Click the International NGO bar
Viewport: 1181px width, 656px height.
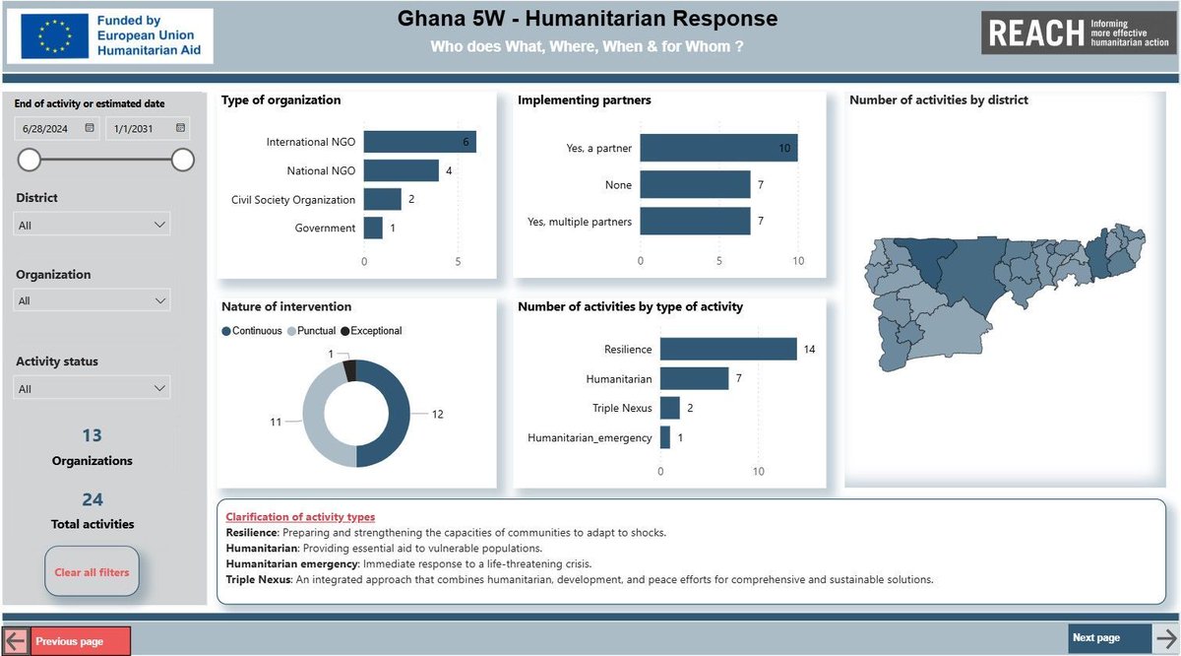tap(419, 143)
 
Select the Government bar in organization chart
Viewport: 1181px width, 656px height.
tap(373, 229)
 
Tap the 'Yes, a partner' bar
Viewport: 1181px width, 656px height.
tap(718, 148)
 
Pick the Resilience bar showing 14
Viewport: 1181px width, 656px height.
tap(727, 349)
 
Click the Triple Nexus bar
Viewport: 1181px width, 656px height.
tap(669, 408)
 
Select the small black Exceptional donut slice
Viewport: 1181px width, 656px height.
tap(349, 370)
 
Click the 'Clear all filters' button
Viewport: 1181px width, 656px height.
tap(93, 572)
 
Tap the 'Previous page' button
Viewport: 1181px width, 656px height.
tap(81, 641)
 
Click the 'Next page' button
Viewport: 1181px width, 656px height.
tap(1109, 638)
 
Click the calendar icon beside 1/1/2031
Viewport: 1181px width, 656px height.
tap(180, 128)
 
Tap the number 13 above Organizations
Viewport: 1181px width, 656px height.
tap(93, 435)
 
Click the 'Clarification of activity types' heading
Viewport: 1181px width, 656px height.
tap(300, 517)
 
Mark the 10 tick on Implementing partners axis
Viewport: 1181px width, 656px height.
tap(797, 261)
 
